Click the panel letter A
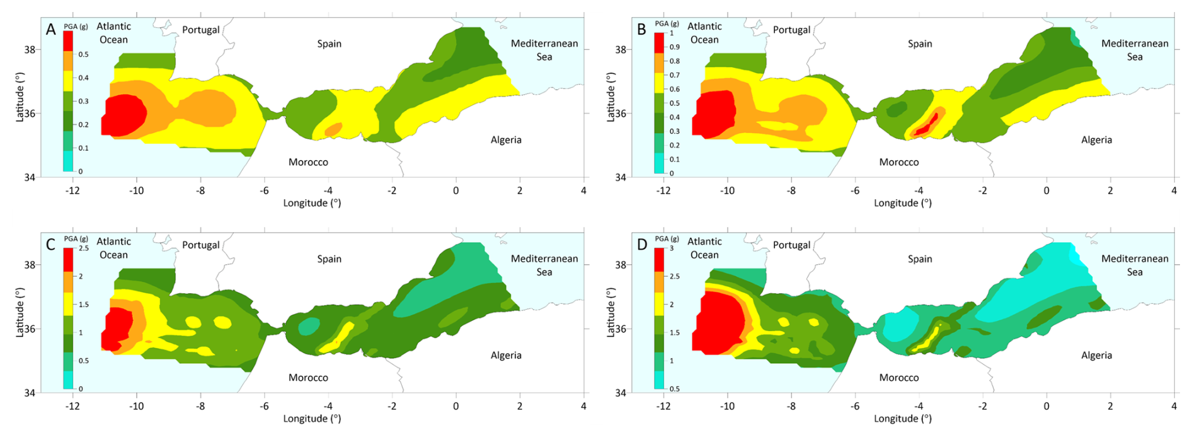[51, 30]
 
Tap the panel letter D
[642, 245]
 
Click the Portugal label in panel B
[791, 30]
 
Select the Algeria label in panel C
[506, 355]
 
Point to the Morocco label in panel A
[308, 162]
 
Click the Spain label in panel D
[920, 259]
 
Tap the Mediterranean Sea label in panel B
[1135, 50]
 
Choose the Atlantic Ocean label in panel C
[113, 248]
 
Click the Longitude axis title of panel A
[312, 203]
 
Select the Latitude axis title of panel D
[610, 312]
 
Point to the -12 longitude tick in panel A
[72, 190]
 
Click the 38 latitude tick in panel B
[621, 49]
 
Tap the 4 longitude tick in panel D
[1174, 406]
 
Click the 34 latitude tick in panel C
[30, 393]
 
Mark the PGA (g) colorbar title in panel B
[667, 24]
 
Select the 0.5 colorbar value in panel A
[83, 54]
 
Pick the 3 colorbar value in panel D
[672, 248]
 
